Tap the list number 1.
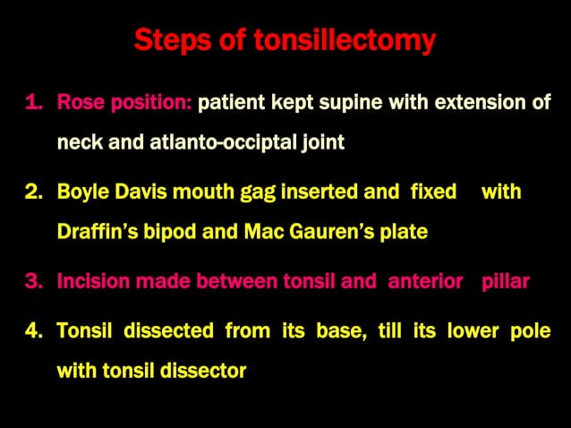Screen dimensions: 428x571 33,103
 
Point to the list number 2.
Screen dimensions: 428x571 33,193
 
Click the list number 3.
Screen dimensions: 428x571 33,282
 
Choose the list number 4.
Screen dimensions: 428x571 33,331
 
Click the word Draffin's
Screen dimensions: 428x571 98,232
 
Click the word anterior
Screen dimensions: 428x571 427,282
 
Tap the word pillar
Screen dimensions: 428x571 506,282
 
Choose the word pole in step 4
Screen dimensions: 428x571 530,331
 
